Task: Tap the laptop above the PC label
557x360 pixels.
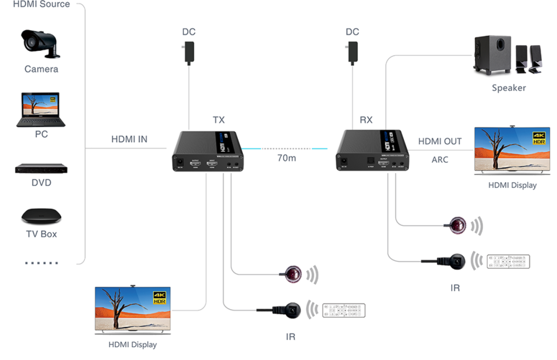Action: pos(41,109)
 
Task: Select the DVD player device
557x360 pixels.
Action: pos(41,168)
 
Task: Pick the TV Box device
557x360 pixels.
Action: pos(41,216)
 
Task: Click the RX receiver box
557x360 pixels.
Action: pos(373,150)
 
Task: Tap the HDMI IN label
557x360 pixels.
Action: pos(129,139)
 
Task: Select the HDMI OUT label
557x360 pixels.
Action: pos(439,142)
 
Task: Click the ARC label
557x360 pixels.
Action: pos(440,160)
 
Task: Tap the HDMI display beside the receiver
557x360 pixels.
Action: pos(512,151)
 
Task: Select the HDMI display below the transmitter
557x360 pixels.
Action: pos(133,310)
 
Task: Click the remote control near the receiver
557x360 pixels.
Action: pos(508,261)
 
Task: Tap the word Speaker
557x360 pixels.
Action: pos(509,88)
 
